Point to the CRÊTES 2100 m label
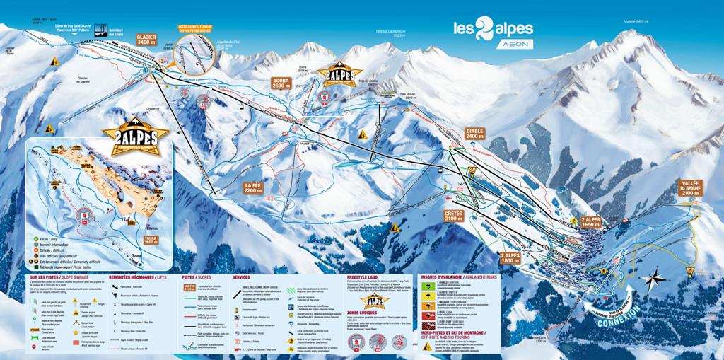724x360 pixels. [454, 215]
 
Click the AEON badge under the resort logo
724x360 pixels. [494, 45]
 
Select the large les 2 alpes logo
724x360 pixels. [493, 28]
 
